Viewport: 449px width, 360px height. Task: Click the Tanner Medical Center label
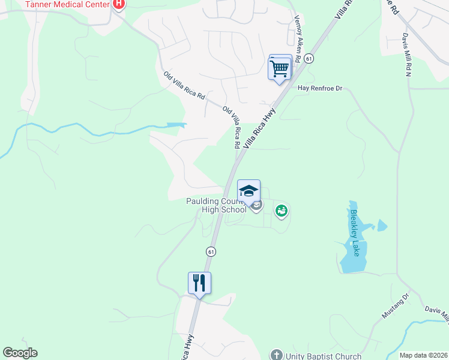pos(67,5)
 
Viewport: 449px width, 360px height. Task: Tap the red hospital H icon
pos(119,4)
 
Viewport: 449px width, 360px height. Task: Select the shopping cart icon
pos(280,68)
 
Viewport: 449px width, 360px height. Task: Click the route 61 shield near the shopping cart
pos(309,58)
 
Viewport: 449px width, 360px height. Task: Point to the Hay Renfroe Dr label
pos(319,89)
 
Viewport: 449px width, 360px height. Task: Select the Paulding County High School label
pos(216,206)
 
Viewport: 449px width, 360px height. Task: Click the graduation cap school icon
pos(249,191)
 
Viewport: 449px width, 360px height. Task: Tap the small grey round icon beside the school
pos(257,206)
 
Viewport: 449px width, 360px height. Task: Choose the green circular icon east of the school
pos(281,211)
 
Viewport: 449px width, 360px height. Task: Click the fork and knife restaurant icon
pos(199,283)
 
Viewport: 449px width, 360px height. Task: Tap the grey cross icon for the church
pos(276,355)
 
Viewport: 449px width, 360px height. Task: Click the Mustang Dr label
pos(395,306)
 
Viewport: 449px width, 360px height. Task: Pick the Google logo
pos(20,353)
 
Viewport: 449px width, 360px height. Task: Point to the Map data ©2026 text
pos(423,355)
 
